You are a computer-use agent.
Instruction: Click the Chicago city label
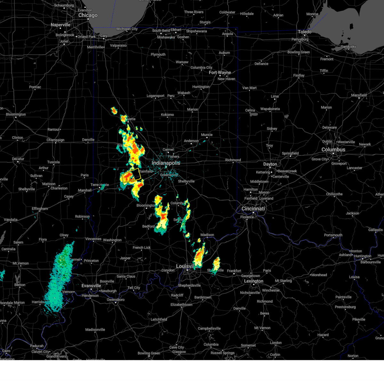(88, 15)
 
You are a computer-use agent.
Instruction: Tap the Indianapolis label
(166, 163)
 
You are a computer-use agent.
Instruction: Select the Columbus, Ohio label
(333, 150)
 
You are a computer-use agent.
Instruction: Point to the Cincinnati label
(253, 209)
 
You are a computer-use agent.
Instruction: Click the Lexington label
(254, 281)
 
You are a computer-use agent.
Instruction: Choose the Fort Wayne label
(220, 73)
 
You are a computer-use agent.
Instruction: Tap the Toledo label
(304, 32)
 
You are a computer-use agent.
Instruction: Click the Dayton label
(270, 164)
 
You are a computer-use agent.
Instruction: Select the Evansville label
(91, 286)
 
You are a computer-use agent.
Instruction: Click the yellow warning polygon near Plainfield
(132, 175)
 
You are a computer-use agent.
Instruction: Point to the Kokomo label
(167, 115)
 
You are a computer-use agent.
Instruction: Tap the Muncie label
(207, 135)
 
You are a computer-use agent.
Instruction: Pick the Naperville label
(60, 25)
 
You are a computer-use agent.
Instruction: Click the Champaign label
(55, 140)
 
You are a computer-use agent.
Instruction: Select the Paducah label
(37, 346)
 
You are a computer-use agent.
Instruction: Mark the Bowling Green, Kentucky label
(149, 353)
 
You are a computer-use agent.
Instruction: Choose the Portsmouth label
(333, 235)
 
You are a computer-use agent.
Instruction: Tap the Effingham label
(40, 209)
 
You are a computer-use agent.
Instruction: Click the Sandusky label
(348, 47)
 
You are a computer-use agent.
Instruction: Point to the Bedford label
(148, 227)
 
